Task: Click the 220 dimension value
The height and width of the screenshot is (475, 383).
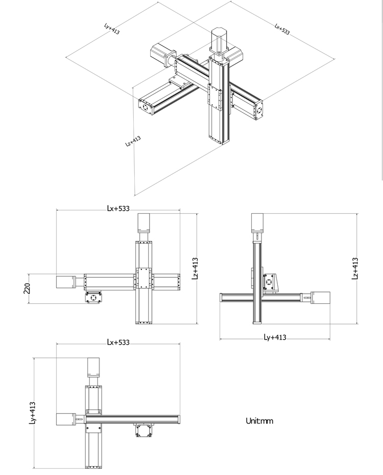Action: (x=26, y=289)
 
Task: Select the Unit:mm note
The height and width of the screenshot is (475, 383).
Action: (x=259, y=421)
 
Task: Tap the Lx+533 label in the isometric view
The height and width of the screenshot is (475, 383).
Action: (x=282, y=29)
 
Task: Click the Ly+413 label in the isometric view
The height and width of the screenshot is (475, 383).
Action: (x=112, y=28)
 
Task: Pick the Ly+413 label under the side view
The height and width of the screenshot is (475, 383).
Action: (x=275, y=337)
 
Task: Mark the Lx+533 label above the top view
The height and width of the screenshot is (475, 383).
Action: (x=118, y=342)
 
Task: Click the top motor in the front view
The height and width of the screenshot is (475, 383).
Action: (x=143, y=223)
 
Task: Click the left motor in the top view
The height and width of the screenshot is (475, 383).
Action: (x=65, y=419)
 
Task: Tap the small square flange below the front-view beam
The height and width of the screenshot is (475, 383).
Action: (x=93, y=297)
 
